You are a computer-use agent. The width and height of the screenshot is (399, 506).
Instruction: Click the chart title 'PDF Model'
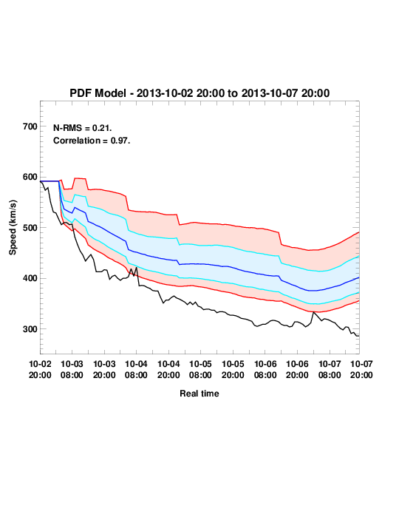(x=98, y=93)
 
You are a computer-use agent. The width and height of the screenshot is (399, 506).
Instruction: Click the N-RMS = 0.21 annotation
(x=83, y=128)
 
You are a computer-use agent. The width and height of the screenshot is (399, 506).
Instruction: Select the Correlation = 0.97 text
(x=92, y=141)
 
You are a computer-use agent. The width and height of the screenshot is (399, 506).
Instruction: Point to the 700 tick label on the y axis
(x=30, y=127)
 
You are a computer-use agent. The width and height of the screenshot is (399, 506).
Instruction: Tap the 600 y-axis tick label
(x=30, y=177)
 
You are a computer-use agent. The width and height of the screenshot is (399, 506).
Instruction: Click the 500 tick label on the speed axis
(x=30, y=228)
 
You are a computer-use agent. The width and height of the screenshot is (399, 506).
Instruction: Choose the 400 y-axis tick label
(x=30, y=278)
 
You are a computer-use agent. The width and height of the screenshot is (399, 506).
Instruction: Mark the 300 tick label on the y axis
(x=30, y=329)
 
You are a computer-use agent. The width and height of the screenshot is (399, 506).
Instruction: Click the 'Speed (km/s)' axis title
(x=13, y=228)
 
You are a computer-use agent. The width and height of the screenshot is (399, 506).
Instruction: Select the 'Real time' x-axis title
(x=199, y=394)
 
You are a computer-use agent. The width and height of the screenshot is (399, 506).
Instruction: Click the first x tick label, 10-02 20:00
(x=40, y=369)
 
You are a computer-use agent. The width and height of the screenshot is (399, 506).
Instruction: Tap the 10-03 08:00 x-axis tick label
(x=72, y=369)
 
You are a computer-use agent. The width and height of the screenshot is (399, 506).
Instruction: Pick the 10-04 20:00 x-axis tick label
(x=168, y=369)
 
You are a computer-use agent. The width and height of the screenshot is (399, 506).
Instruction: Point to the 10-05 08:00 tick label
(x=200, y=369)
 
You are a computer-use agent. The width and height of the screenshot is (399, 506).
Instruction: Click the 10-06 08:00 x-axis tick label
(x=265, y=369)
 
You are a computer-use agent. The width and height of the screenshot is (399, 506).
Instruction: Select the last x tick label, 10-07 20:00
(x=361, y=369)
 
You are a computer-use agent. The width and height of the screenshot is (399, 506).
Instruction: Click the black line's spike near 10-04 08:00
(x=137, y=268)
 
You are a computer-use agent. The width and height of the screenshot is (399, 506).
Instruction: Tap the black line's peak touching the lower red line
(x=313, y=312)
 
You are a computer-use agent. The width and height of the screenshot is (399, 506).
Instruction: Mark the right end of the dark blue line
(x=359, y=277)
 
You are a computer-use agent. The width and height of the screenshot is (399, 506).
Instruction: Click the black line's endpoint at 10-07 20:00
(x=359, y=336)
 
